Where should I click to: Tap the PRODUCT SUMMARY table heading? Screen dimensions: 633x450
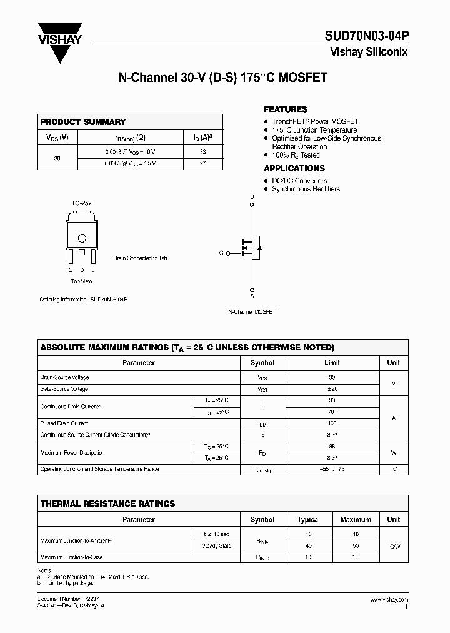click(83, 122)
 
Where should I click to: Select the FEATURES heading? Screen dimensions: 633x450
click(285, 109)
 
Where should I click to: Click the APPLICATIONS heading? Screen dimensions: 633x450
click(294, 168)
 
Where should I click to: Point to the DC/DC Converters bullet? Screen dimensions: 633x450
click(299, 181)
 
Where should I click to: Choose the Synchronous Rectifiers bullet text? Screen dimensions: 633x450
click(306, 189)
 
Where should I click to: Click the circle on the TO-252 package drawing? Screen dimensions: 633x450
click(82, 238)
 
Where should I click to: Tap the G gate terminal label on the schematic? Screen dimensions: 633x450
click(221, 253)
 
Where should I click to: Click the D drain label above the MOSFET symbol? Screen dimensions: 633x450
click(252, 197)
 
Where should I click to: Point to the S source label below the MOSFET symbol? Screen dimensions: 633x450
click(252, 296)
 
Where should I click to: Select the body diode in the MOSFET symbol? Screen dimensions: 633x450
click(259, 248)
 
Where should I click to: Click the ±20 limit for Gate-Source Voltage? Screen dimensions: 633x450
click(332, 389)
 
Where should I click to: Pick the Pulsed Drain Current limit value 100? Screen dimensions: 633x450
click(332, 423)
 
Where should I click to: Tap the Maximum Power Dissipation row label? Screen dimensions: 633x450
click(72, 452)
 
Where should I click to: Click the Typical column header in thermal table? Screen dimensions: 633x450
click(309, 520)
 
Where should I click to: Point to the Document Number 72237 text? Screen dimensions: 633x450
click(64, 600)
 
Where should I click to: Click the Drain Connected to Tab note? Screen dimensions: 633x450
click(140, 258)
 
